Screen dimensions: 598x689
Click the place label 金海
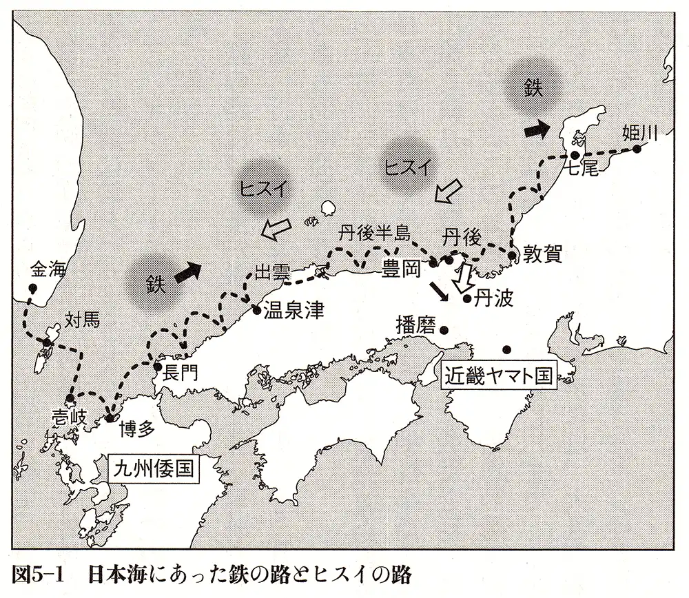point(48,271)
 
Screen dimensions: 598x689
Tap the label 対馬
point(82,319)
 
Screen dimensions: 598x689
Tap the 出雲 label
point(271,271)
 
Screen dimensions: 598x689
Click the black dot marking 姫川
point(637,149)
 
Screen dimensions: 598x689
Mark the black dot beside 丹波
point(467,299)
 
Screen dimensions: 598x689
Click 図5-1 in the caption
point(39,574)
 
